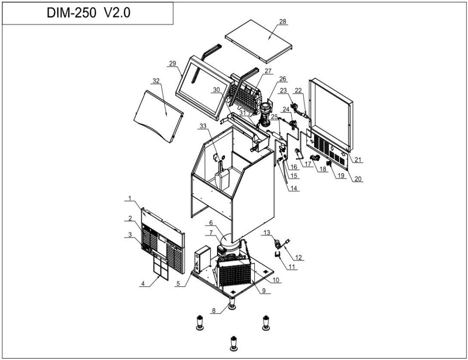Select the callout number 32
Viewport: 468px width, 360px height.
156,82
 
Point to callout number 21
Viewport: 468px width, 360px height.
359,159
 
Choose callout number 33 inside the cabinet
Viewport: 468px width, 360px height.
202,126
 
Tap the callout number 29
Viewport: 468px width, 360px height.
172,64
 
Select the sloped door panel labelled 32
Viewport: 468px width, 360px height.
158,114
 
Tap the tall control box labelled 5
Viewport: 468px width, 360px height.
200,261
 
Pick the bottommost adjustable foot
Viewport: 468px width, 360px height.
234,343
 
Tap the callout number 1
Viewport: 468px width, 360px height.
130,198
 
